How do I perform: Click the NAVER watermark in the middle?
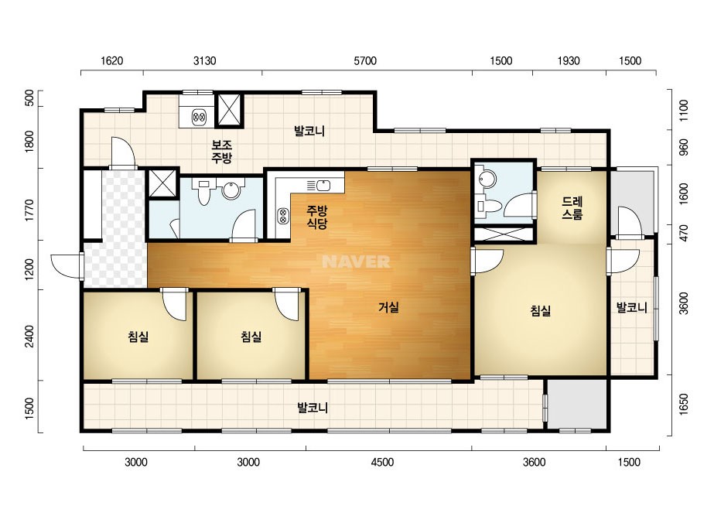pyautogui.click(x=356, y=261)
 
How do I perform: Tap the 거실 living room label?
pyautogui.click(x=389, y=307)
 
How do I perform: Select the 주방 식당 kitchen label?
pyautogui.click(x=317, y=217)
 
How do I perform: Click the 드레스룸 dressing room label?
pyautogui.click(x=572, y=208)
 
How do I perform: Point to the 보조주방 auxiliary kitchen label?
pyautogui.click(x=222, y=151)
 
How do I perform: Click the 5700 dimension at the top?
pyautogui.click(x=365, y=60)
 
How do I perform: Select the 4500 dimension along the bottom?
pyautogui.click(x=382, y=463)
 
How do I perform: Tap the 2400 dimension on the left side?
pyautogui.click(x=29, y=337)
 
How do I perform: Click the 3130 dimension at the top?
pyautogui.click(x=204, y=60)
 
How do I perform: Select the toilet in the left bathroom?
pyautogui.click(x=203, y=193)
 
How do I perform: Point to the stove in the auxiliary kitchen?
pyautogui.click(x=199, y=118)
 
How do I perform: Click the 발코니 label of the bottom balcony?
pyautogui.click(x=313, y=407)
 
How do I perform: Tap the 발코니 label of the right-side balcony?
pyautogui.click(x=631, y=307)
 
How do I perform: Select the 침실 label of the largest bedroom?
pyautogui.click(x=541, y=311)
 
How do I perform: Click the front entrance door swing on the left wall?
pyautogui.click(x=67, y=265)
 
